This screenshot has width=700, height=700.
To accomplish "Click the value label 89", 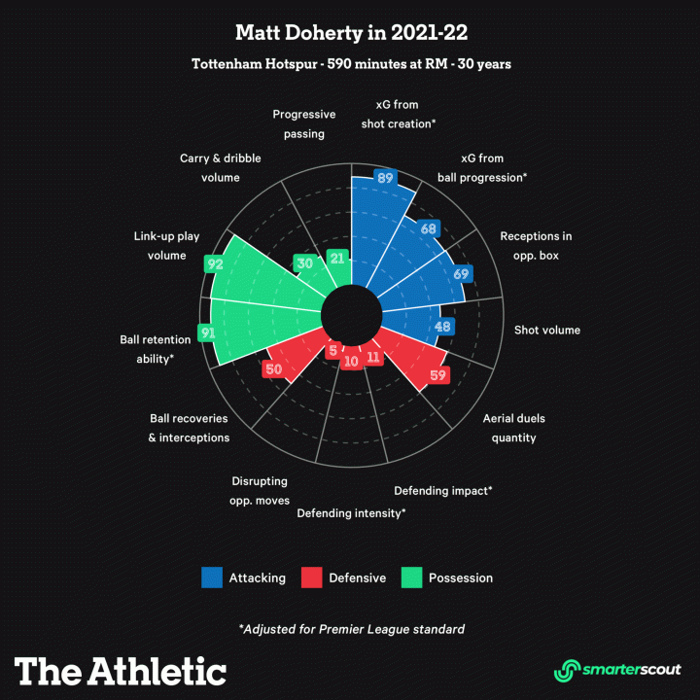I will [385, 178].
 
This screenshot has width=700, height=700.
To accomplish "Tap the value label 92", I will [215, 262].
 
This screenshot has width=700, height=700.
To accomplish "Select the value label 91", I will [206, 332].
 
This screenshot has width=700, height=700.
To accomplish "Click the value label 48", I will [443, 327].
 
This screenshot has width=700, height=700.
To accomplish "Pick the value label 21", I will [337, 258].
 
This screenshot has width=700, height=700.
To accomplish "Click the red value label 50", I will [273, 369].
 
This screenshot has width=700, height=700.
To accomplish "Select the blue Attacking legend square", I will [212, 577].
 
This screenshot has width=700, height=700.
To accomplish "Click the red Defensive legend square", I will [311, 577].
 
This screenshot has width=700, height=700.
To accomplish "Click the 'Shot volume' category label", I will [546, 331].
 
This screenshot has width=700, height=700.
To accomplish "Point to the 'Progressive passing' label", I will [304, 123].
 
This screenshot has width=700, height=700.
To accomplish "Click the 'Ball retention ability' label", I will [147, 349].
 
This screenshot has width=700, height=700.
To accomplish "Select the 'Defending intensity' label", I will [351, 512].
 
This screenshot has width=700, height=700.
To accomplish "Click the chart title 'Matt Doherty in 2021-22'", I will [351, 33].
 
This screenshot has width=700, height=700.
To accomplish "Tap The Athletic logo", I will [121, 671].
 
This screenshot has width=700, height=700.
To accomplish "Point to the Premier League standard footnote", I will [351, 629].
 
